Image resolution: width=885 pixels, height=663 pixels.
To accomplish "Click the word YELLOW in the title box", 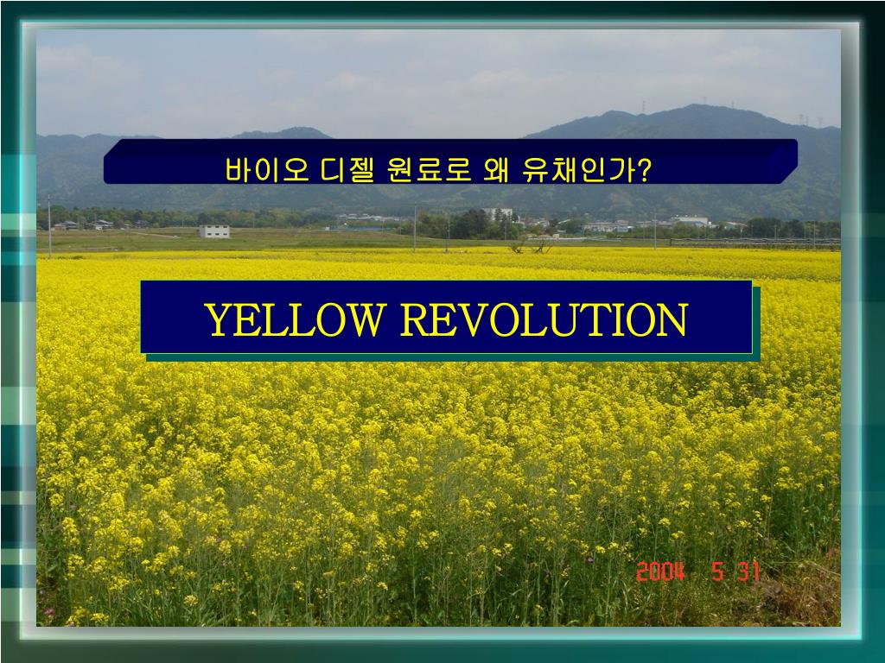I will point(294,320).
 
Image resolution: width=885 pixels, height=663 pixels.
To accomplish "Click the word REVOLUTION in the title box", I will point(544,320).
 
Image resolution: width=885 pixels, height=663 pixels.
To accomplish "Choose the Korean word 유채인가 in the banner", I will point(578,170).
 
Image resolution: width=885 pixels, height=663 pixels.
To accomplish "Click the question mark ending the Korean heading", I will point(644,170).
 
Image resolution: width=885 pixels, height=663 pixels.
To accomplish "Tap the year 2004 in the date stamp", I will point(661,571).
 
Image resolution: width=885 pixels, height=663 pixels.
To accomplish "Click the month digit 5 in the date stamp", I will point(717,571).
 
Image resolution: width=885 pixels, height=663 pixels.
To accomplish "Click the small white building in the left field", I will point(213,231).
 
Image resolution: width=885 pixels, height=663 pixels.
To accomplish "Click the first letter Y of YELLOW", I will point(217,320).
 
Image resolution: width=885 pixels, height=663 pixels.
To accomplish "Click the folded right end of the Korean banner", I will point(782,161).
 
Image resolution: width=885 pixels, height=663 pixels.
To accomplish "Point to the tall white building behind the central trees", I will point(499,214).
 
